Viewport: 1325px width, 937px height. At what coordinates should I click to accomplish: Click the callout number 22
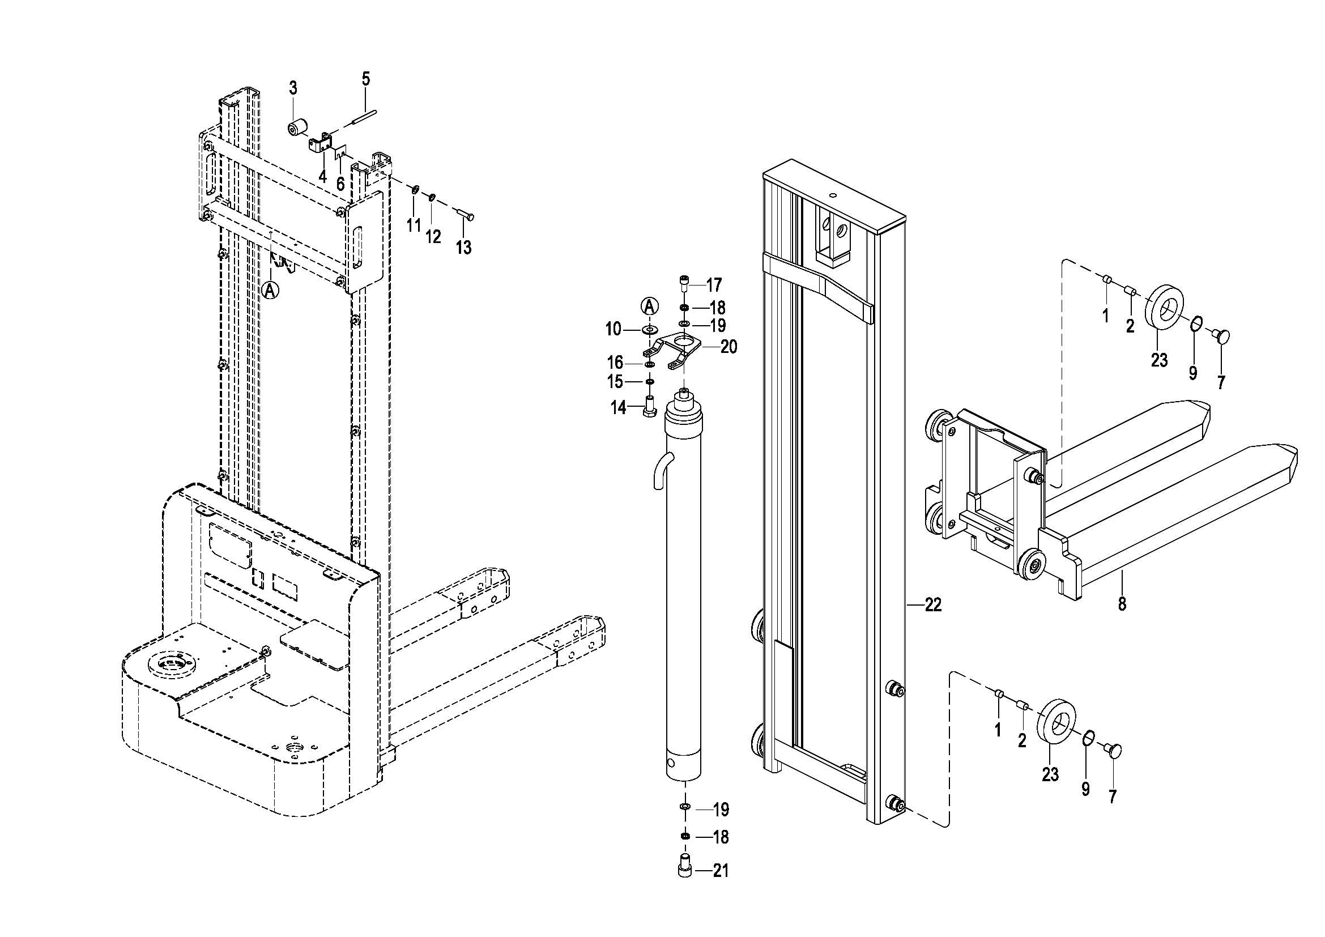[x=933, y=604]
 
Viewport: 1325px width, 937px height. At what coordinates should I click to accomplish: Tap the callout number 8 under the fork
[x=1122, y=604]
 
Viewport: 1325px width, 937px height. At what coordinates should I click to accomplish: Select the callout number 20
[x=729, y=347]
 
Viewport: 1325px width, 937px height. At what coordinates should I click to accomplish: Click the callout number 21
[x=721, y=871]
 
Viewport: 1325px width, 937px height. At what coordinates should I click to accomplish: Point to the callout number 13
[x=463, y=248]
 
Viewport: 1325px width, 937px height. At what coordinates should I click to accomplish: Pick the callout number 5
[x=366, y=79]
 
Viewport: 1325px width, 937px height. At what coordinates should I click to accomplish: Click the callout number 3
[x=293, y=88]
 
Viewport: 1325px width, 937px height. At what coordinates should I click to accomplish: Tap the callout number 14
[x=619, y=408]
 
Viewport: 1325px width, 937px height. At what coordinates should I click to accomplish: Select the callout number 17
[x=714, y=285]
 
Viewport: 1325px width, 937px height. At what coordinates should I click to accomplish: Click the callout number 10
[x=613, y=330]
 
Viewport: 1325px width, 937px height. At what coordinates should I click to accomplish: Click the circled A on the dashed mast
[x=270, y=289]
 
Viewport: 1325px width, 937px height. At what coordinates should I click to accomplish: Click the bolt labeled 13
[x=466, y=215]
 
